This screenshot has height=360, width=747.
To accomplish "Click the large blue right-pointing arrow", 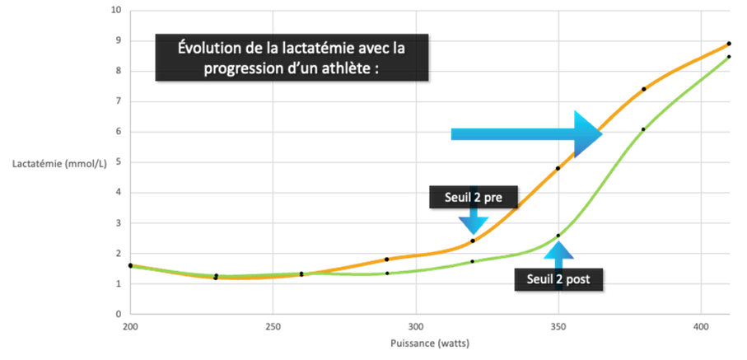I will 527,133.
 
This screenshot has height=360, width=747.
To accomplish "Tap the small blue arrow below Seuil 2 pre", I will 473,221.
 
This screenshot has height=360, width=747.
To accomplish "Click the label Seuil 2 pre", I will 474,198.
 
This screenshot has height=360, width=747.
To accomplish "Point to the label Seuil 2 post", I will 564,279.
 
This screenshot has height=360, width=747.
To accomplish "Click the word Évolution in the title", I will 214,48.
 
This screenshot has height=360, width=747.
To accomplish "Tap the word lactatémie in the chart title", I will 320,48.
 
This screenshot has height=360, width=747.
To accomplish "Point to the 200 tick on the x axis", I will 130,325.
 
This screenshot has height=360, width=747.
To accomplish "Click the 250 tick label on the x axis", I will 273,325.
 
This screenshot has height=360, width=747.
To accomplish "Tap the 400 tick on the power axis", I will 700,325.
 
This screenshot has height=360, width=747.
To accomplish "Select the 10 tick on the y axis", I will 116,11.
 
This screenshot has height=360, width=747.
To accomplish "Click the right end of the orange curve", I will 729,44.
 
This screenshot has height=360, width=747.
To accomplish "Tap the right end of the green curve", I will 728,58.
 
